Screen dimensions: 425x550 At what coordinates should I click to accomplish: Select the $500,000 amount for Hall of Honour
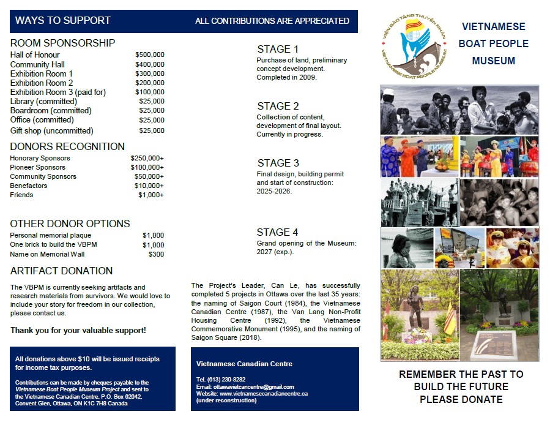pyautogui.click(x=149, y=55)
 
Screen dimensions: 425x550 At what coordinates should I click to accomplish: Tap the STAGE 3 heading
pyautogui.click(x=278, y=163)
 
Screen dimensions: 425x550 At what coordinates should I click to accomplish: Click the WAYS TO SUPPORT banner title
pyautogui.click(x=62, y=20)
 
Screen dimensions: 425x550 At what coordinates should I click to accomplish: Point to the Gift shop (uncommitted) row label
pyautogui.click(x=51, y=130)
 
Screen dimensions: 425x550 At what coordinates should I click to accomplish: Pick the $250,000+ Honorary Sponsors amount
pyautogui.click(x=147, y=158)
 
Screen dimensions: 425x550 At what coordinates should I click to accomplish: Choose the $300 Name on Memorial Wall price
pyautogui.click(x=156, y=254)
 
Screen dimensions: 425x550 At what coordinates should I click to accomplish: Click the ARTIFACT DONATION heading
pyautogui.click(x=61, y=271)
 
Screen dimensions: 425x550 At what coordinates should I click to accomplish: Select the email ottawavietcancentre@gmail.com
pyautogui.click(x=245, y=387)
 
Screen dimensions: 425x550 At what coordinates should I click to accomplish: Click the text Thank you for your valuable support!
pyautogui.click(x=78, y=330)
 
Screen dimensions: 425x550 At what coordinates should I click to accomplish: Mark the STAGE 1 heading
pyautogui.click(x=278, y=49)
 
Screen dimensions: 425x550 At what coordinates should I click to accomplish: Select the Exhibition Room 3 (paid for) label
pyautogui.click(x=58, y=92)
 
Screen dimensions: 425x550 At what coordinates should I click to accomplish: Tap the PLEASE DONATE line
pyautogui.click(x=461, y=399)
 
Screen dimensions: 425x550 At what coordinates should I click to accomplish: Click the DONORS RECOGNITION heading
pyautogui.click(x=67, y=146)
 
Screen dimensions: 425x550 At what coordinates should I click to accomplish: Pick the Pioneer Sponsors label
pyautogui.click(x=37, y=167)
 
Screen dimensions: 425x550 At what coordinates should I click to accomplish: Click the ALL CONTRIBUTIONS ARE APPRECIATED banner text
pyautogui.click(x=272, y=21)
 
